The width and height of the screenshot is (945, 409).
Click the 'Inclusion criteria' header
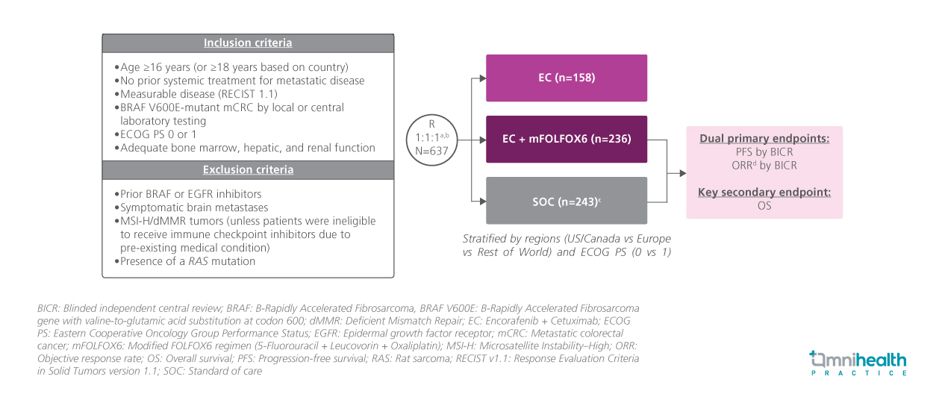point(248,43)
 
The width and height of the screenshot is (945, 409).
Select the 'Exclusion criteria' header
point(248,170)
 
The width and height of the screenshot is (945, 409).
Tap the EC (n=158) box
point(567,78)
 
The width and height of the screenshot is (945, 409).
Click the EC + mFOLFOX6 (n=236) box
point(567,139)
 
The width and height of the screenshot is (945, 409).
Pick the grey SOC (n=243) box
point(567,200)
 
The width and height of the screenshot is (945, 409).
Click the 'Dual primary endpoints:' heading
point(764,139)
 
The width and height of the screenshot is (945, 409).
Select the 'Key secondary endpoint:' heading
point(764,193)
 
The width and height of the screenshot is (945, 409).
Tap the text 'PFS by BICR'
point(764,152)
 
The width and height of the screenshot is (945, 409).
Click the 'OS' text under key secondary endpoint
point(764,205)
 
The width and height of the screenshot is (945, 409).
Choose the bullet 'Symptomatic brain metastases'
point(193,207)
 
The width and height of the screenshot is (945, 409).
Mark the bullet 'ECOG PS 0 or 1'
point(157,134)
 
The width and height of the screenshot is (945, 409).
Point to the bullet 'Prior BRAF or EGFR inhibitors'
point(193,194)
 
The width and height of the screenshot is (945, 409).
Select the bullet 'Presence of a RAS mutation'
point(187,261)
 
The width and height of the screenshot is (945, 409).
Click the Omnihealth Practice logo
point(858,363)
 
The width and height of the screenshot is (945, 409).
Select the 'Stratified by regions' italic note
point(566,245)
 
